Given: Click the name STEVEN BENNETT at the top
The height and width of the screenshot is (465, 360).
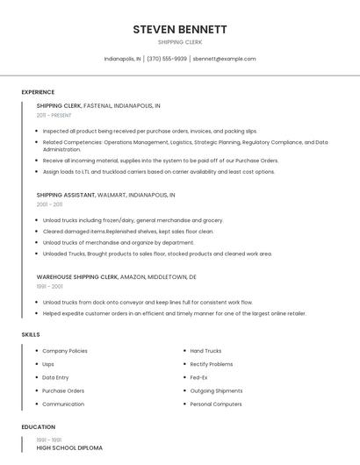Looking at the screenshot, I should click(180, 29).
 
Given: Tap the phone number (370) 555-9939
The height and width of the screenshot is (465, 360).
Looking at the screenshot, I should click(167, 59).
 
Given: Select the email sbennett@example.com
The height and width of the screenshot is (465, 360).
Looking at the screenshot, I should click(225, 59).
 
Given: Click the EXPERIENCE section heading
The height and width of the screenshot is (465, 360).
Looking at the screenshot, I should click(38, 92).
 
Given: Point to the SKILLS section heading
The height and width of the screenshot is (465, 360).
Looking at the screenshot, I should click(31, 334).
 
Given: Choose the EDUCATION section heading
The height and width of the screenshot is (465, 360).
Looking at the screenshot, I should click(37, 427).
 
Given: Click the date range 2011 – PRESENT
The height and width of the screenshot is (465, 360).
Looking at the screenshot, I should click(54, 115).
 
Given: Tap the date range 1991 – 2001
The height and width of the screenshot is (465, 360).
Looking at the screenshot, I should click(49, 286).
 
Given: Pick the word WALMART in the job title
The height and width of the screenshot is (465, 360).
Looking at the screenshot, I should click(112, 195).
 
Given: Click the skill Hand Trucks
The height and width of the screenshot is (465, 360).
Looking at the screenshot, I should click(205, 351).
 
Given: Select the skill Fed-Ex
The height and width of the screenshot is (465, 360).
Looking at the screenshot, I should click(199, 377).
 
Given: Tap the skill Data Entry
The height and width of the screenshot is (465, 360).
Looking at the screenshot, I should click(55, 377).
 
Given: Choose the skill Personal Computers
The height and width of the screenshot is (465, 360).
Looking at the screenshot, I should click(215, 404).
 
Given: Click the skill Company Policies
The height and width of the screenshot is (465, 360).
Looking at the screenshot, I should click(65, 351).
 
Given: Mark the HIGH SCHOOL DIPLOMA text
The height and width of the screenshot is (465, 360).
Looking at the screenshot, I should click(69, 447).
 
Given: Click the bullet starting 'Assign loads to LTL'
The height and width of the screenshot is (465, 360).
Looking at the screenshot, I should click(158, 172).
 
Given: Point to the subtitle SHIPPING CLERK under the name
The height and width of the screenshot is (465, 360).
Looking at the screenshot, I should click(180, 41).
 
